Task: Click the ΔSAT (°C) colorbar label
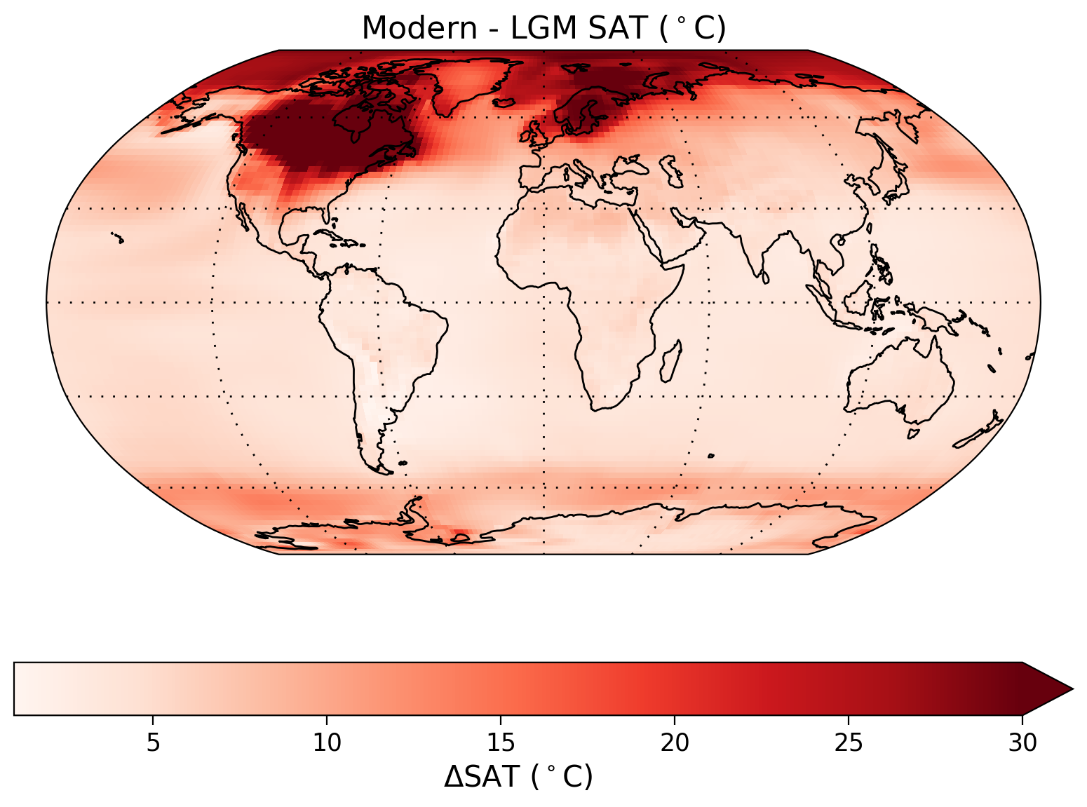pos(518,777)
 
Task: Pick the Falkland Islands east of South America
pos(402,463)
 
